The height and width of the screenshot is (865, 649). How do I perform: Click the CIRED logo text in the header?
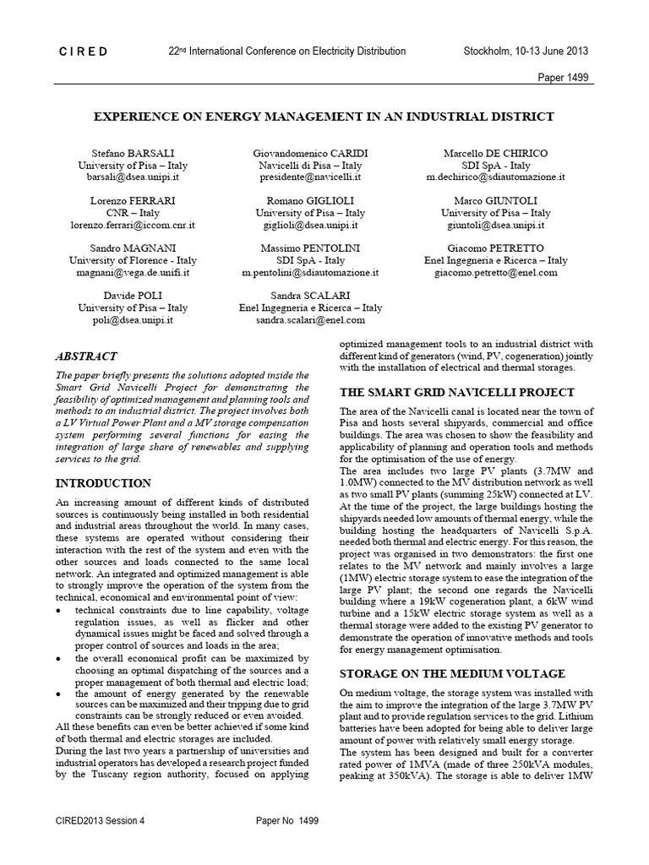pyautogui.click(x=83, y=52)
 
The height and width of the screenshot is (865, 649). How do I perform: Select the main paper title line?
pyautogui.click(x=324, y=117)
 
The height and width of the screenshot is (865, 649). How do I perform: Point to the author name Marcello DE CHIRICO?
pyautogui.click(x=496, y=153)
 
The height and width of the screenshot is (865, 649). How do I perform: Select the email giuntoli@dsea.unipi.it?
pyautogui.click(x=496, y=226)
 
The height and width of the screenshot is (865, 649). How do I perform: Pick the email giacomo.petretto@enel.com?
pyautogui.click(x=496, y=273)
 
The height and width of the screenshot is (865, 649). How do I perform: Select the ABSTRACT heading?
pyautogui.click(x=86, y=356)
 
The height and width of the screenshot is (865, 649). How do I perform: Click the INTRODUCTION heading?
pyautogui.click(x=103, y=483)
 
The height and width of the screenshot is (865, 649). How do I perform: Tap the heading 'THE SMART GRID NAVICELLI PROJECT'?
pyautogui.click(x=456, y=392)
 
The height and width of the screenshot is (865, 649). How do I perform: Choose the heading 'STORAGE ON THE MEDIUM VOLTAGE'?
pyautogui.click(x=452, y=673)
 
